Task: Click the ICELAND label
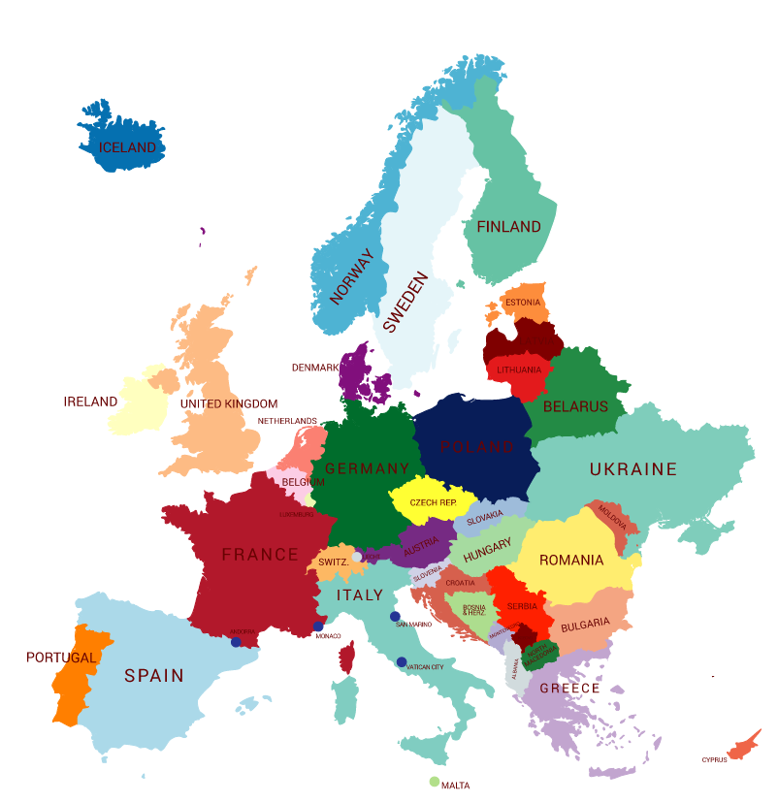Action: pyautogui.click(x=127, y=148)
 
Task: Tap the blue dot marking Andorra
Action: pyautogui.click(x=236, y=642)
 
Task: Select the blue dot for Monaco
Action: pyautogui.click(x=318, y=626)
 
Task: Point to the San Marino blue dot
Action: pyautogui.click(x=395, y=617)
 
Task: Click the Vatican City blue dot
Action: pyautogui.click(x=402, y=662)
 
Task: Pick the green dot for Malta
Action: pyautogui.click(x=435, y=781)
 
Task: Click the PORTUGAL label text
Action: pyautogui.click(x=61, y=658)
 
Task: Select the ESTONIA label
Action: pyautogui.click(x=523, y=303)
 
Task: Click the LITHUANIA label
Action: pyautogui.click(x=519, y=370)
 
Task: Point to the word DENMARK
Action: pyautogui.click(x=315, y=368)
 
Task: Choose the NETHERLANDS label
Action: pyautogui.click(x=287, y=421)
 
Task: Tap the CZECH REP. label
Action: pyautogui.click(x=433, y=503)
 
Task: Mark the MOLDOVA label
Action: pyautogui.click(x=612, y=515)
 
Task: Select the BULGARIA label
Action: pyautogui.click(x=585, y=624)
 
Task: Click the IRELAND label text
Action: pyautogui.click(x=90, y=401)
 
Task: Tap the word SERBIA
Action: pyautogui.click(x=522, y=605)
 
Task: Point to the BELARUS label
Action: pyautogui.click(x=575, y=406)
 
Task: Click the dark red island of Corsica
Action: pyautogui.click(x=347, y=658)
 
